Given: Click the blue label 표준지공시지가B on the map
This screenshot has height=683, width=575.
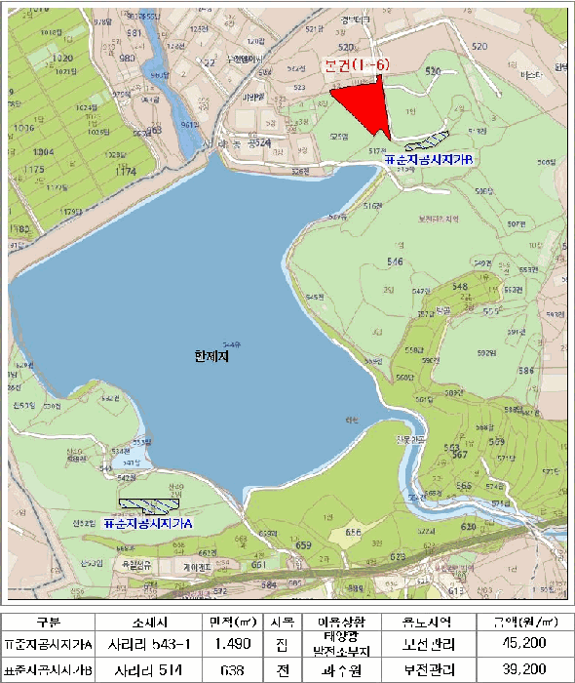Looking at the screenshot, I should (429, 157).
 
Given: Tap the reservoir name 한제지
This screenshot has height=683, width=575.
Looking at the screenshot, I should (211, 358).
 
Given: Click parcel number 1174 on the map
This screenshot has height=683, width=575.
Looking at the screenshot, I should (125, 171).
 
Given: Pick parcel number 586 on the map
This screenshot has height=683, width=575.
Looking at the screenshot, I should (526, 371).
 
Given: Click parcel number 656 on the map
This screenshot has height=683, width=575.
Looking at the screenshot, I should (353, 532).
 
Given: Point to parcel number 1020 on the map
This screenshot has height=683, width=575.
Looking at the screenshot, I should (61, 59).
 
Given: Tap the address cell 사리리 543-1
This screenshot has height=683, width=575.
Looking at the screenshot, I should (151, 644).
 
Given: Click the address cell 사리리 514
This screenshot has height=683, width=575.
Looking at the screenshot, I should (151, 670).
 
